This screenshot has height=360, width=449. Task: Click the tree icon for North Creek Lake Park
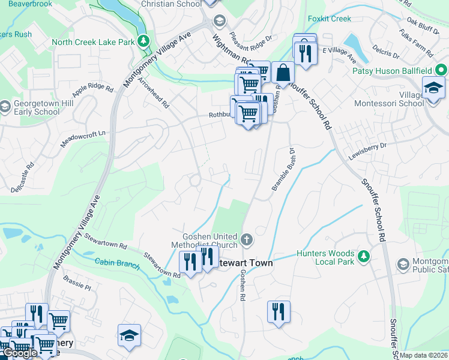coord(143,41)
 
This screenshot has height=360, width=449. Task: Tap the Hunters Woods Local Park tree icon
coord(363,257)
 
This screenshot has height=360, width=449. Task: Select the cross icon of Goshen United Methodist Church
coord(246,240)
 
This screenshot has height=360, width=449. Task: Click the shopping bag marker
coord(283,73)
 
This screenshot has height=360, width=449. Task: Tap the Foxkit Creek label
coord(329,19)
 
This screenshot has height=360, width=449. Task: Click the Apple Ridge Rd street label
coord(92,91)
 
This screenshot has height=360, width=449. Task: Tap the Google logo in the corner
coord(19,353)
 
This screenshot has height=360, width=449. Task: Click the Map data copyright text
coord(424,355)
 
